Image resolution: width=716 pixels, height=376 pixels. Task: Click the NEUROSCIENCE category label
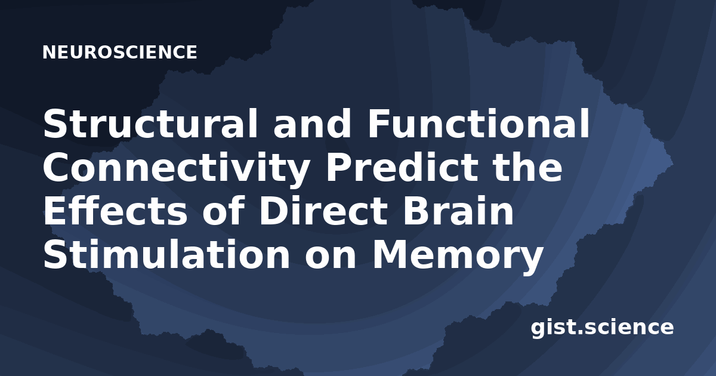point(120,52)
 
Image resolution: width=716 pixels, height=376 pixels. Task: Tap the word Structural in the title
point(150,124)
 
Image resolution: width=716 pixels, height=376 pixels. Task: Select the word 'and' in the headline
point(313,124)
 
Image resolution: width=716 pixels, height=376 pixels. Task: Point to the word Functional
point(479,124)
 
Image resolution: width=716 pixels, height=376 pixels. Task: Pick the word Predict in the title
point(402,167)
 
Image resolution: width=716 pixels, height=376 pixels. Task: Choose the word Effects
point(115,211)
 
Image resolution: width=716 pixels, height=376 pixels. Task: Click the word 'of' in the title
point(223,211)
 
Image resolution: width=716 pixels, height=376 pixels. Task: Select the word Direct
point(323,211)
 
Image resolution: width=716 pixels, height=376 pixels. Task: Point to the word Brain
point(458,211)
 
